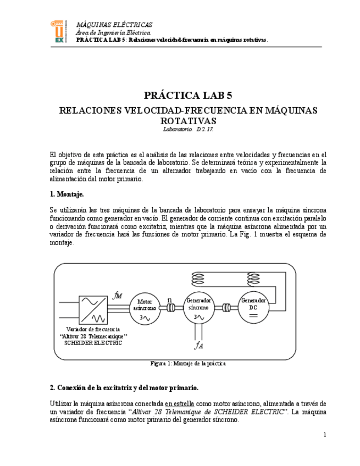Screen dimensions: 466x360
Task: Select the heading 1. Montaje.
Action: pos(67,194)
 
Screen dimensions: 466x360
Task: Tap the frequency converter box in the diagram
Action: pos(93,309)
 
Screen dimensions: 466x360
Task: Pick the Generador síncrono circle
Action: pos(198,308)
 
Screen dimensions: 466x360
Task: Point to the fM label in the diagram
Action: pos(117,296)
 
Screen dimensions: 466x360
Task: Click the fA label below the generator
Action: pos(198,345)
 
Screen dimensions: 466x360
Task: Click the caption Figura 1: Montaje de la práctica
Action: pos(188,363)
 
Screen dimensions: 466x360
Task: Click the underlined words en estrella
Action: pos(179,403)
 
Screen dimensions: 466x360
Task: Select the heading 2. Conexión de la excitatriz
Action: pos(124,387)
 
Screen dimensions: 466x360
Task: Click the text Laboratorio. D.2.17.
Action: pos(188,129)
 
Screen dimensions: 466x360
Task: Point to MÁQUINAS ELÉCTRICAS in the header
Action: pos(114,25)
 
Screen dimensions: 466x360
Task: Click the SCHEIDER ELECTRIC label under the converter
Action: pos(93,342)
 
